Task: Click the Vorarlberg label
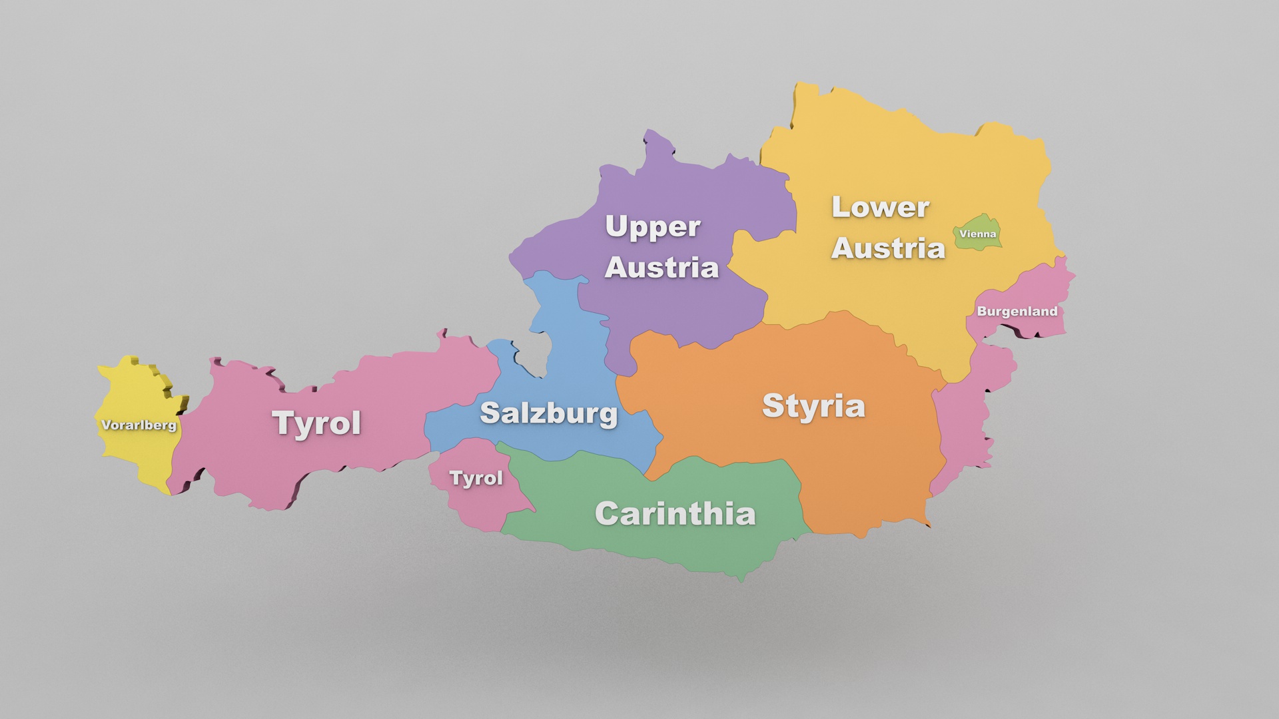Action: pyautogui.click(x=139, y=425)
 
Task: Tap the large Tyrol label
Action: pyautogui.click(x=316, y=423)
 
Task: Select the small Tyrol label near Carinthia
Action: pyautogui.click(x=476, y=478)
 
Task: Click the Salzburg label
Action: pyautogui.click(x=548, y=413)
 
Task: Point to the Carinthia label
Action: pyautogui.click(x=675, y=513)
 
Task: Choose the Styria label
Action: pyautogui.click(x=813, y=405)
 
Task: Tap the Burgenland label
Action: pyautogui.click(x=1017, y=311)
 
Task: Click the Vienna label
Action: pyautogui.click(x=977, y=234)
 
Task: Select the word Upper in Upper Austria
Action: pyautogui.click(x=652, y=227)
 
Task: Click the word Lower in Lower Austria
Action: pyautogui.click(x=880, y=207)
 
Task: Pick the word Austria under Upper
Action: pyautogui.click(x=661, y=268)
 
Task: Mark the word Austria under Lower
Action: pyautogui.click(x=888, y=248)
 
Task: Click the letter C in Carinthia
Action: pyautogui.click(x=608, y=513)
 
